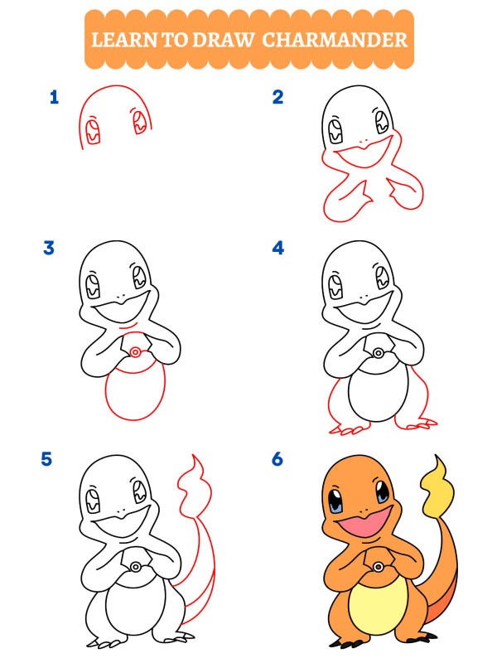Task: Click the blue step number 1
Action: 55,98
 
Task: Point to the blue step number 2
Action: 277,98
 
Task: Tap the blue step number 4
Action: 277,248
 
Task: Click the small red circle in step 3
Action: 133,354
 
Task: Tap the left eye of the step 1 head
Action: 93,129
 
